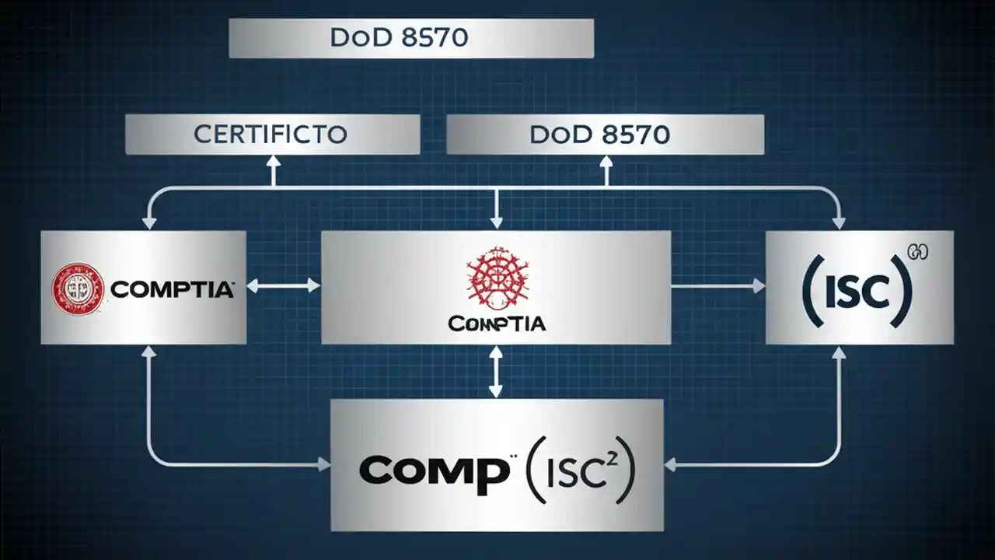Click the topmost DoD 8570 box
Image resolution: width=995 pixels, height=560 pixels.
click(x=411, y=39)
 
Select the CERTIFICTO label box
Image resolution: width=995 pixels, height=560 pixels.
click(x=272, y=135)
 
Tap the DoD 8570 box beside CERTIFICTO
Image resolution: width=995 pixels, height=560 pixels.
click(x=605, y=135)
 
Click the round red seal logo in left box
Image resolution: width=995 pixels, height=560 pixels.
click(x=78, y=289)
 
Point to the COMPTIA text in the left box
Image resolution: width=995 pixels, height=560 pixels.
click(x=173, y=290)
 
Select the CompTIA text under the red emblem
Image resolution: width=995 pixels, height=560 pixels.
click(x=497, y=322)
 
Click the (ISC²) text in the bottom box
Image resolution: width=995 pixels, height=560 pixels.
click(x=578, y=468)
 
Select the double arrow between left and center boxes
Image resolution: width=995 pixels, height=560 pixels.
click(x=284, y=286)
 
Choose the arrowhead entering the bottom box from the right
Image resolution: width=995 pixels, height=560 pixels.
click(x=671, y=464)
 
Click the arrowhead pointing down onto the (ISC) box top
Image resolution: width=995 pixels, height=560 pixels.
click(x=838, y=223)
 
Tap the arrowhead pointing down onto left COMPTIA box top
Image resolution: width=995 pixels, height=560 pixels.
click(x=148, y=223)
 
